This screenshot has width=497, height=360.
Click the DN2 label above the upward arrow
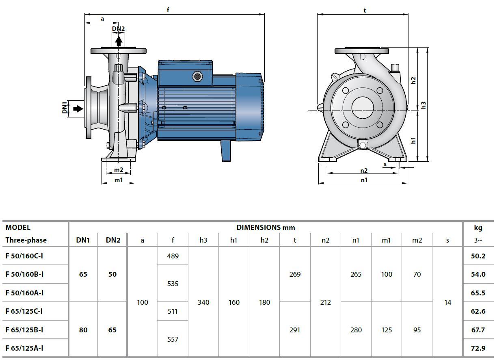tap(118, 28)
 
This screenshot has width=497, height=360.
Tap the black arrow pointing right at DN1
tap(78, 108)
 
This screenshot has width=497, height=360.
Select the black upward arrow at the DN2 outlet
tap(118, 41)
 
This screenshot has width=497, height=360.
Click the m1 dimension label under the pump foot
tap(118, 180)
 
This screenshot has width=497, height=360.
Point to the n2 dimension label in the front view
tap(364, 171)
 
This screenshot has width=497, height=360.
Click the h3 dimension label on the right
tap(424, 105)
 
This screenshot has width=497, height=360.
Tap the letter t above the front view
tap(365, 11)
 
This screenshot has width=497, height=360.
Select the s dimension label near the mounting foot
tap(385, 164)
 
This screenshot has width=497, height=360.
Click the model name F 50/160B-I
tap(25, 274)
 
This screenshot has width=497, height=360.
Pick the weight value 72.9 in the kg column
tap(478, 348)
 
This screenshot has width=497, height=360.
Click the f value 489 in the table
tap(173, 256)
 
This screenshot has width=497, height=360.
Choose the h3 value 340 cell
tap(203, 302)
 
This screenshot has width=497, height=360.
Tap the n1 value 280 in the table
tap(356, 330)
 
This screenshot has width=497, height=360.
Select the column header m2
tap(417, 240)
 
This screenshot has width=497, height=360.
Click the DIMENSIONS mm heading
tap(266, 228)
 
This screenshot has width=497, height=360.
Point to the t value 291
tap(295, 330)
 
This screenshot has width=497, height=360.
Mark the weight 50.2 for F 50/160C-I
tap(478, 256)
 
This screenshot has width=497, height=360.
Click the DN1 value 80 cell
tap(83, 330)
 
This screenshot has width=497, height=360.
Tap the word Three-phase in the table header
tap(26, 240)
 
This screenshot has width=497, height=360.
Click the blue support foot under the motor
tap(226, 151)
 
